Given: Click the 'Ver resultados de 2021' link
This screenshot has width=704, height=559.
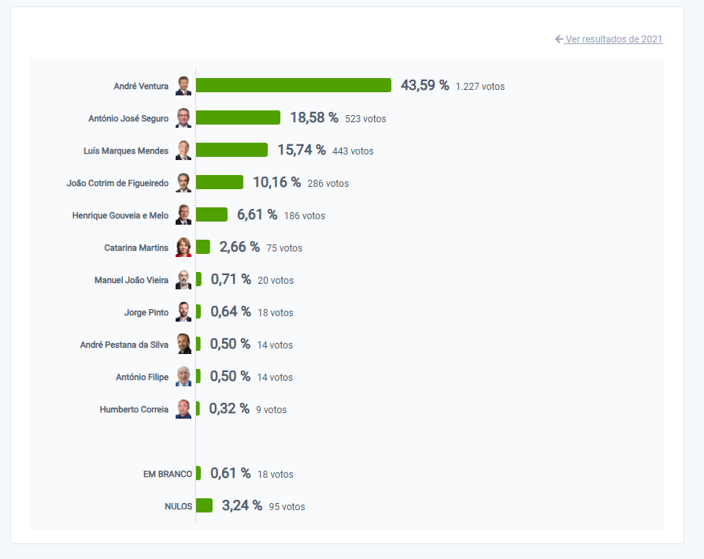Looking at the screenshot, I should (613, 39).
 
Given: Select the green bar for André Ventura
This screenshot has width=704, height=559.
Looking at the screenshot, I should (293, 85).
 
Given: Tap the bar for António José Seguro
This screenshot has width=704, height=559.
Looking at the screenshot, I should (238, 117).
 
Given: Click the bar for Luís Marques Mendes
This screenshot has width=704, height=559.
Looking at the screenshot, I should (232, 150).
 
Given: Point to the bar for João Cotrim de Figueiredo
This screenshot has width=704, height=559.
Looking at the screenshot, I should (219, 182).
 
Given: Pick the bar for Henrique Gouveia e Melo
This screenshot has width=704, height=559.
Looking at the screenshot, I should (211, 214).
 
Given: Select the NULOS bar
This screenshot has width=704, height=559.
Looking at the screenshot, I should (204, 505).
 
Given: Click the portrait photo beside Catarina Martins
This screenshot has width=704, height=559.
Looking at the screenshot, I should (183, 248).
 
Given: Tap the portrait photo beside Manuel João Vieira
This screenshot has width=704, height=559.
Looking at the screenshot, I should (183, 280).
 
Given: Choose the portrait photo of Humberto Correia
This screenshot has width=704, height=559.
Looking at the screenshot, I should (183, 409).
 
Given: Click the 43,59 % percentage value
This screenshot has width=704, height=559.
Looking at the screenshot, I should (424, 85).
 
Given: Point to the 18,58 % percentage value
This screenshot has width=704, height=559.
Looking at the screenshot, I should (313, 117).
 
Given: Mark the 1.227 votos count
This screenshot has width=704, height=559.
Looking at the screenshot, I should (480, 87).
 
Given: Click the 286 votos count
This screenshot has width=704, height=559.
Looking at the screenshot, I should (328, 184).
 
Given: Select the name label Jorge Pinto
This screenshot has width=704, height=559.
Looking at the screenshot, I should (146, 312).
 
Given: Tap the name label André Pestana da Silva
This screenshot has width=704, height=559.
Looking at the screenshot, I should (124, 345).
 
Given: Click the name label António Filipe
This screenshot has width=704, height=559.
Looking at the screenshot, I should (142, 377).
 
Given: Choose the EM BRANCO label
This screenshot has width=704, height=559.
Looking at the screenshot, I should (167, 474).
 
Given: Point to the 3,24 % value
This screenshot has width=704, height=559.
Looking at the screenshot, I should (242, 505).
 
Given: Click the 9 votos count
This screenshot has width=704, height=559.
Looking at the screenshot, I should (271, 410).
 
